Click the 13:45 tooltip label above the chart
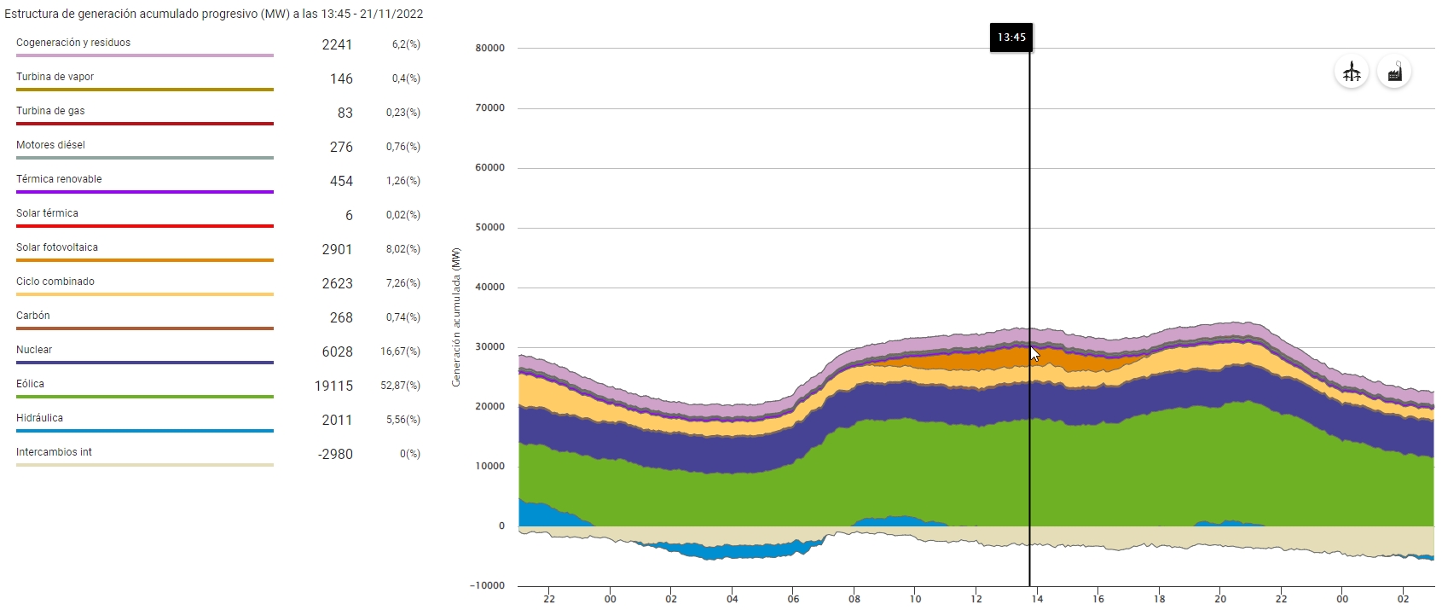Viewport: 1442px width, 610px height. (x=1011, y=38)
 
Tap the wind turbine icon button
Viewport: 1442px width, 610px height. (x=1352, y=73)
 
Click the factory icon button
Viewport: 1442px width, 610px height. (x=1394, y=73)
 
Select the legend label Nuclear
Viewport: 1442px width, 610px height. (x=34, y=350)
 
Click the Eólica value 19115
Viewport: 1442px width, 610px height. (x=333, y=386)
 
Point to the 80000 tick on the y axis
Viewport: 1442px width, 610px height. (x=490, y=49)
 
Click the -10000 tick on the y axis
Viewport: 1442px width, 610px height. (x=488, y=586)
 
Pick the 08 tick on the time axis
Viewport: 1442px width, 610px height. (x=854, y=599)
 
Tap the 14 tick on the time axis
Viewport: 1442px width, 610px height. (x=1037, y=599)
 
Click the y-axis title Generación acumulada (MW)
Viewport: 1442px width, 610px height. (x=456, y=317)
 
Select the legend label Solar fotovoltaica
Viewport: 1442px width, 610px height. (x=57, y=247)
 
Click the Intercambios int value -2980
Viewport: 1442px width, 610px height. (x=335, y=454)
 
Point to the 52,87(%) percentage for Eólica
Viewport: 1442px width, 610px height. (x=400, y=386)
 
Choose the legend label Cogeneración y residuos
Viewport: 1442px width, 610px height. (x=73, y=43)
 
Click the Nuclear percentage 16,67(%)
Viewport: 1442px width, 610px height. (x=400, y=351)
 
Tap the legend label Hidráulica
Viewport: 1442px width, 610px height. (x=39, y=418)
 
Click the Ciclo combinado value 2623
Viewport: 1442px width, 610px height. (x=337, y=283)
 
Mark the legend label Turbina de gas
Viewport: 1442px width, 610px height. (x=50, y=111)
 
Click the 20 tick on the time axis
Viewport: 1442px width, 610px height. (x=1220, y=599)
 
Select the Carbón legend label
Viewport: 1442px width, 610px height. (x=33, y=316)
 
